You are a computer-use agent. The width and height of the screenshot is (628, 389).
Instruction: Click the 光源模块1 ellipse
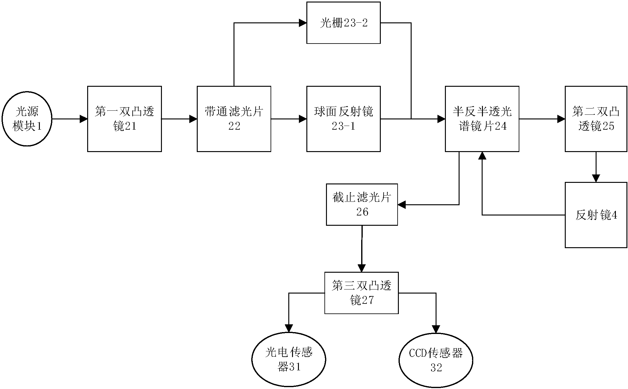(x=27, y=119)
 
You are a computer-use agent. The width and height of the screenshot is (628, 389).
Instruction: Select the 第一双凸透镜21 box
(x=124, y=119)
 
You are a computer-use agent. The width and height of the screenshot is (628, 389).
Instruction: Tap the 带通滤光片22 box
(x=234, y=119)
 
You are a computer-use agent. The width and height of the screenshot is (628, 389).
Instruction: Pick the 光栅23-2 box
(x=343, y=23)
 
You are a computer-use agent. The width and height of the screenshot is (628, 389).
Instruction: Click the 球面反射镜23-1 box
(x=343, y=119)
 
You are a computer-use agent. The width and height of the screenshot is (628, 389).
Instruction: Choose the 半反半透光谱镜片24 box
(x=482, y=119)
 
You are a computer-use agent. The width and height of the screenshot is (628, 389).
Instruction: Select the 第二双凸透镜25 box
(x=596, y=119)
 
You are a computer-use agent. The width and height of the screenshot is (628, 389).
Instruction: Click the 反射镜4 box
(x=596, y=215)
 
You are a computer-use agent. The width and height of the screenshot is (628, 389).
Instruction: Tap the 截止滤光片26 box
(x=362, y=205)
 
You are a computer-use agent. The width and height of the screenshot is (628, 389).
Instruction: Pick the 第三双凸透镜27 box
(x=361, y=293)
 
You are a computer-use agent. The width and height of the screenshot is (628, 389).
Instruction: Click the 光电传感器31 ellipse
(x=289, y=359)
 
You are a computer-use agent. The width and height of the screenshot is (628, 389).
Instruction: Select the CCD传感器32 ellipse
(x=436, y=360)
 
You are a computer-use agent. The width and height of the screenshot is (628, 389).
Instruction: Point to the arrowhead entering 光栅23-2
(x=303, y=23)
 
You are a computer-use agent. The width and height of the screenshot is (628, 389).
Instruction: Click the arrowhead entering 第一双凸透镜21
(x=83, y=119)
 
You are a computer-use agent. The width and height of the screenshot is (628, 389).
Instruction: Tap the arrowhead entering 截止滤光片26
(x=402, y=205)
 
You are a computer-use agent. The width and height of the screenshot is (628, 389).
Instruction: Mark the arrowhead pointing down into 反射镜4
(x=596, y=178)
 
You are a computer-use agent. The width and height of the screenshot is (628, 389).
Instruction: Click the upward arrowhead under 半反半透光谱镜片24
(x=482, y=156)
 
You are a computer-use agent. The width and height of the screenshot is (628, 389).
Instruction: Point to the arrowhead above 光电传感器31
(x=289, y=328)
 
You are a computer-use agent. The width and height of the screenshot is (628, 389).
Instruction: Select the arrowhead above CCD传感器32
(x=436, y=329)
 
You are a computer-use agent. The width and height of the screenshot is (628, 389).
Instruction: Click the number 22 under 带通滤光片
(x=234, y=126)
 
